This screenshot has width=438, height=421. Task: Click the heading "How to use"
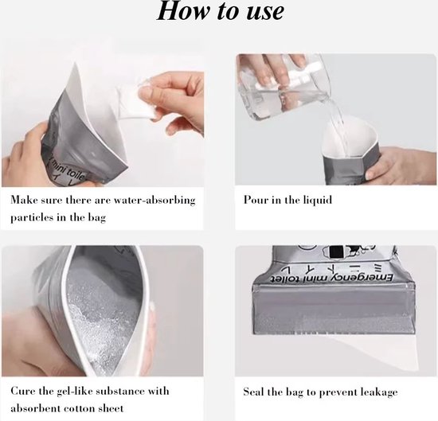click(x=221, y=11)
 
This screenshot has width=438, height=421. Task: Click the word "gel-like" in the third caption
click(x=74, y=392)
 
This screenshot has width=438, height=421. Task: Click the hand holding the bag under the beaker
click(x=402, y=165)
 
